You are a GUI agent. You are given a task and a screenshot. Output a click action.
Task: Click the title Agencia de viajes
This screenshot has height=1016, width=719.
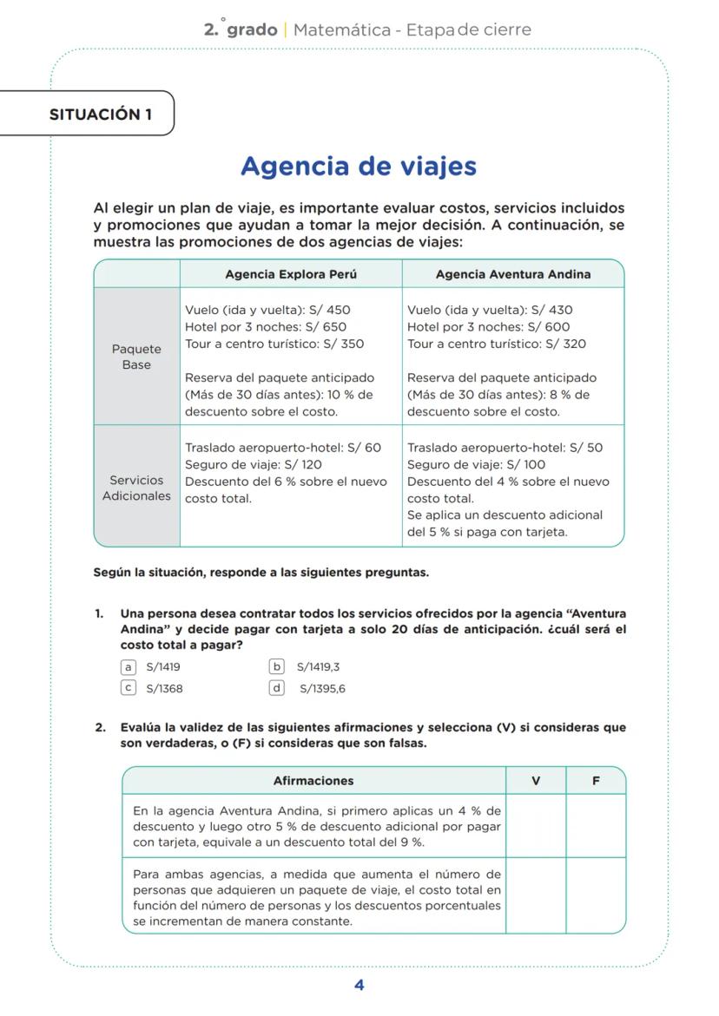pyautogui.click(x=359, y=166)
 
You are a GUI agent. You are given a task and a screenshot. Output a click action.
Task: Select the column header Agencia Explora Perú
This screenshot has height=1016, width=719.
pyautogui.click(x=291, y=274)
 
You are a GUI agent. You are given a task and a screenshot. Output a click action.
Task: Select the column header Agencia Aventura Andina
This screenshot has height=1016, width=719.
pyautogui.click(x=512, y=274)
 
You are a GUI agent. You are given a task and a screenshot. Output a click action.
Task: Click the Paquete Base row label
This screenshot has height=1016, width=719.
pyautogui.click(x=136, y=357)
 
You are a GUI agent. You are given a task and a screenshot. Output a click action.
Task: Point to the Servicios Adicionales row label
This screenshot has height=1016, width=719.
pyautogui.click(x=136, y=488)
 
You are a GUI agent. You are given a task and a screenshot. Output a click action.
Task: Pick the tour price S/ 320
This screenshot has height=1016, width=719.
pyautogui.click(x=568, y=344)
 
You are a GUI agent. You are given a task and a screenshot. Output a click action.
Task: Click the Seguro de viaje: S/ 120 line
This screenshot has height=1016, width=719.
pyautogui.click(x=253, y=465)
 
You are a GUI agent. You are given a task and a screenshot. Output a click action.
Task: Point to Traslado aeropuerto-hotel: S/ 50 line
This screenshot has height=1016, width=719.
pyautogui.click(x=505, y=448)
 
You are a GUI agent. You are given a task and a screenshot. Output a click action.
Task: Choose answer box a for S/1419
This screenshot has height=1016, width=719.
pyautogui.click(x=129, y=667)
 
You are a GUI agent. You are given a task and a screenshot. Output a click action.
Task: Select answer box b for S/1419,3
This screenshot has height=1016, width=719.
pyautogui.click(x=278, y=667)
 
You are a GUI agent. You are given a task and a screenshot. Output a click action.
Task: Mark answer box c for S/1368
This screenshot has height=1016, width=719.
pyautogui.click(x=129, y=688)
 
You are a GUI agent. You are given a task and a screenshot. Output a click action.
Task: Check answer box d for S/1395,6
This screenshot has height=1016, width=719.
pyautogui.click(x=278, y=688)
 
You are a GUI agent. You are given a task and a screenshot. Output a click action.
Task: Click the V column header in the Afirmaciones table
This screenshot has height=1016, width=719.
pyautogui.click(x=536, y=781)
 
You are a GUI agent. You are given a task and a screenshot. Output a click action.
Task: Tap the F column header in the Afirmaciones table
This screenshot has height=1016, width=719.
pyautogui.click(x=596, y=781)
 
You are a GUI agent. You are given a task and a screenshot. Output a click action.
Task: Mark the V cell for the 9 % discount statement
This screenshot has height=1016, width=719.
pyautogui.click(x=536, y=826)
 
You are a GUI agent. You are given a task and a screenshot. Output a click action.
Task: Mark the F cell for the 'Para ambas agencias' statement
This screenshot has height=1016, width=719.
pyautogui.click(x=596, y=895)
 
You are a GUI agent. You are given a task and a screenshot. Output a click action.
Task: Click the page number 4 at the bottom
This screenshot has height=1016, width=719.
pyautogui.click(x=359, y=985)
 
